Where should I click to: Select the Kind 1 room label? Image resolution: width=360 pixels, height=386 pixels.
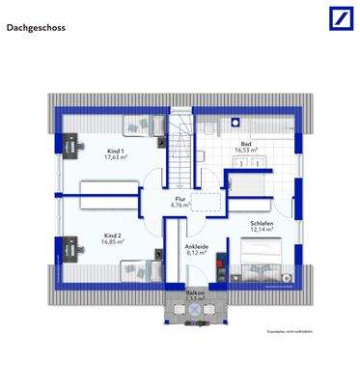115,151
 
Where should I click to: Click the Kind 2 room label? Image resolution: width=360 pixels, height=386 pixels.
113,234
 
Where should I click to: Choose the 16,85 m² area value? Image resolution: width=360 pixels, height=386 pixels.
113,243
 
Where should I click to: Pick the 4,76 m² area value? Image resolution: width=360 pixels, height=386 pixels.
179,206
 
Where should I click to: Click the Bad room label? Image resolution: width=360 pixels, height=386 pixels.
246,142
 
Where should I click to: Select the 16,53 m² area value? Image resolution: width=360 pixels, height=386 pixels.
246,151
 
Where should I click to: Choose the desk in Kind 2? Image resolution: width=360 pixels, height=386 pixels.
71,250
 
